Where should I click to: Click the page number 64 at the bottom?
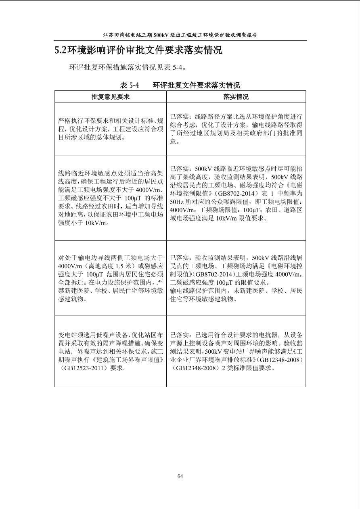180,476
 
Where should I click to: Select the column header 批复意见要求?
110,97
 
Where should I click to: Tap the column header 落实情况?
236,97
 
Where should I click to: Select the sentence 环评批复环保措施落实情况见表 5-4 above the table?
128,67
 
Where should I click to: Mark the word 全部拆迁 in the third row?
70,282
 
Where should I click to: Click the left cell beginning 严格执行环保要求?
111,129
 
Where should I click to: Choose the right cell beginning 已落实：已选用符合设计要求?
236,351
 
